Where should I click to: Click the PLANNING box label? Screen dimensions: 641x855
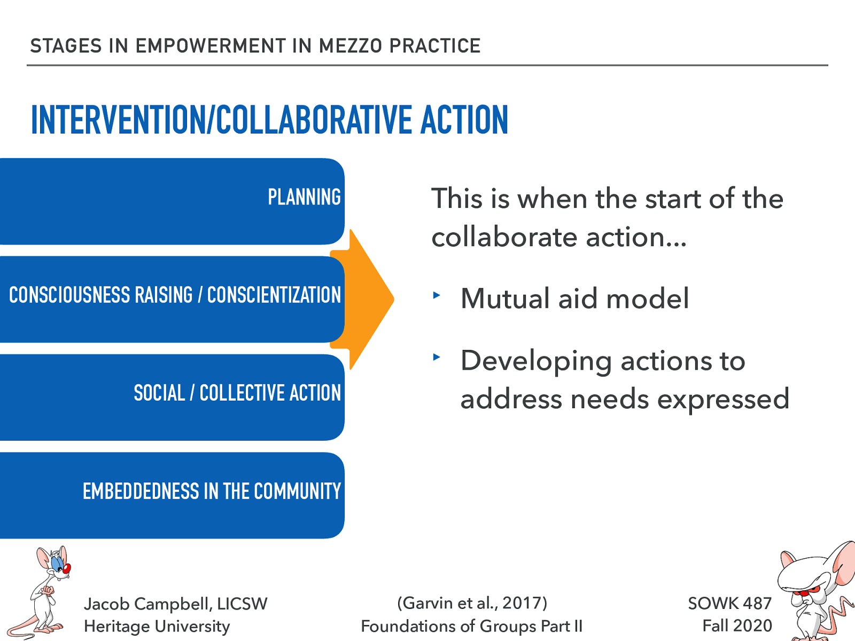pos(304,197)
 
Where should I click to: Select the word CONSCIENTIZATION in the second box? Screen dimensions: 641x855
pos(274,295)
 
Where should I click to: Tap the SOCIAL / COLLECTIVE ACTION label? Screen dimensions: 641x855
pos(237,393)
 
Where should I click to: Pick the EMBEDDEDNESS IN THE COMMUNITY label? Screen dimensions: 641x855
pos(212,491)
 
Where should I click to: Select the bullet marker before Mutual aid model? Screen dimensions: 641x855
pos(437,295)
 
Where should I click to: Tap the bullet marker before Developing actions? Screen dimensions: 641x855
pos(437,357)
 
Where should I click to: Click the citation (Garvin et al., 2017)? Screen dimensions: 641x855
pos(472,603)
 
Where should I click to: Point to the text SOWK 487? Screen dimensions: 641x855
pos(729,603)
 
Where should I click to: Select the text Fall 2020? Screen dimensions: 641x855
pos(737,626)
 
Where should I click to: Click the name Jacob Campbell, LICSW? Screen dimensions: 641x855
pos(175,604)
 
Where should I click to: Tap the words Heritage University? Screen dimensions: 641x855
pos(157,626)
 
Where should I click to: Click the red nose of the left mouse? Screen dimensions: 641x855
pos(67,568)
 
